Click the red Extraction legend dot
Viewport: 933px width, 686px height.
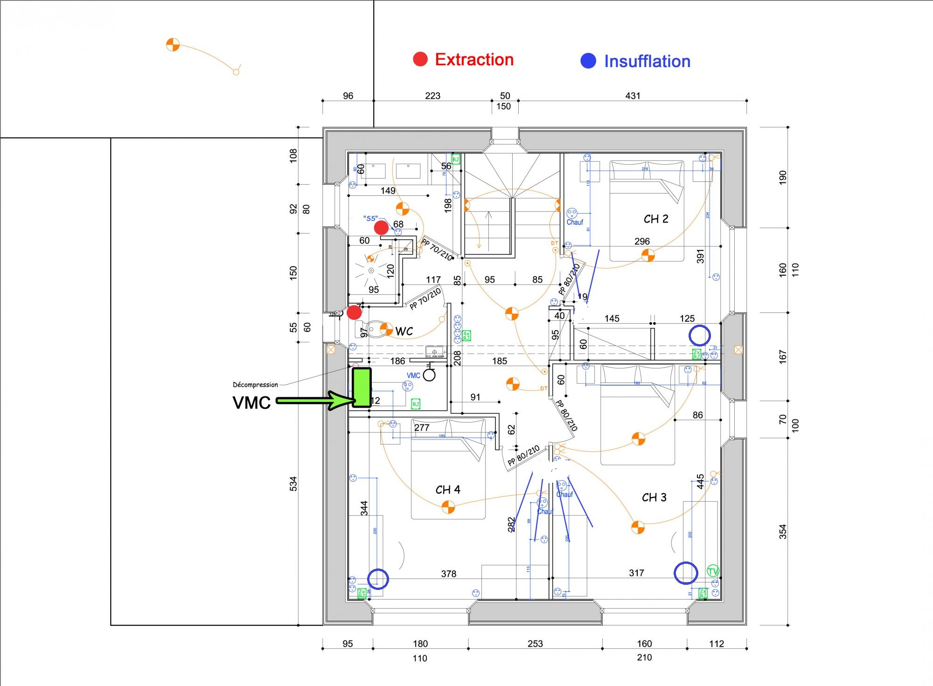click(420, 59)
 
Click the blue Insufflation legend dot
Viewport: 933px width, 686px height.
click(588, 61)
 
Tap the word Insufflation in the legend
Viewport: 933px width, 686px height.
click(647, 61)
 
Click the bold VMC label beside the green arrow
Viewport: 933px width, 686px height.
click(251, 402)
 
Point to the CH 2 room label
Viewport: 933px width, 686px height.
click(656, 219)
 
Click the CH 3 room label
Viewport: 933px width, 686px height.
click(654, 498)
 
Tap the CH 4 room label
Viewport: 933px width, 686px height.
click(448, 490)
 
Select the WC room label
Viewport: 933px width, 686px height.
click(404, 331)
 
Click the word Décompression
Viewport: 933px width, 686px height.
click(255, 385)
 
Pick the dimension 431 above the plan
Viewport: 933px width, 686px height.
click(633, 96)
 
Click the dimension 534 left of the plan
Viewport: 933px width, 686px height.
click(293, 484)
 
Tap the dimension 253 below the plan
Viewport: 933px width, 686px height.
click(535, 644)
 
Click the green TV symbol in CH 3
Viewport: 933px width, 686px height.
click(713, 571)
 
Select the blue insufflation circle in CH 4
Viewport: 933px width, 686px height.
click(378, 579)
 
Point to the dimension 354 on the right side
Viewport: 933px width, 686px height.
click(783, 532)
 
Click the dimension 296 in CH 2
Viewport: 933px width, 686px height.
click(642, 242)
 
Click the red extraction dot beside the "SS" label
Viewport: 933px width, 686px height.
click(382, 228)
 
